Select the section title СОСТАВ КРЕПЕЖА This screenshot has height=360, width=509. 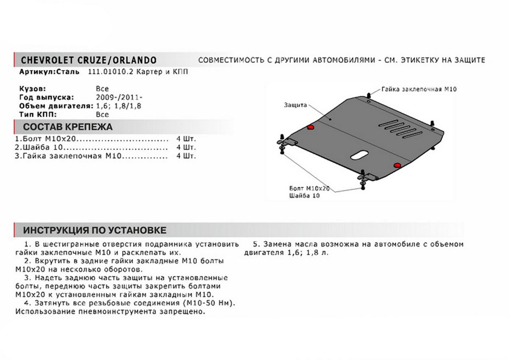[x=67, y=127]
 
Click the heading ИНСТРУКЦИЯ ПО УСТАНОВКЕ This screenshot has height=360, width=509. [x=95, y=230]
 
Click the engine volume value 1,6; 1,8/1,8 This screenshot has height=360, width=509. [x=119, y=106]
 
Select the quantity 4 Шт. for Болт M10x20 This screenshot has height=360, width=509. [x=187, y=139]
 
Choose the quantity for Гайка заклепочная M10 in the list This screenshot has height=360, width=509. [x=187, y=156]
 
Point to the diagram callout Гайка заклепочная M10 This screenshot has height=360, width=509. [x=418, y=89]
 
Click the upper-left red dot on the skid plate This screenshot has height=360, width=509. [x=310, y=127]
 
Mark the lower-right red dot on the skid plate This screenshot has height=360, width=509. [x=397, y=165]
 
